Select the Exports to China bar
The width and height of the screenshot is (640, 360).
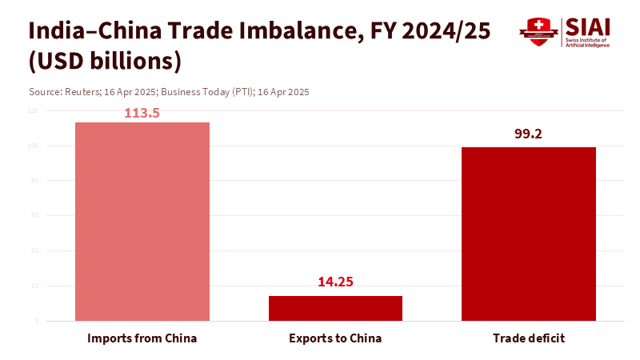tap(335, 308)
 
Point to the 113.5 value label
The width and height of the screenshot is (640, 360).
tap(142, 114)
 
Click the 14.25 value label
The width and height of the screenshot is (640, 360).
tap(335, 282)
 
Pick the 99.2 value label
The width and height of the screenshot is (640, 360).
tap(528, 134)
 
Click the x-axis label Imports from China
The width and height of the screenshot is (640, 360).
tap(142, 338)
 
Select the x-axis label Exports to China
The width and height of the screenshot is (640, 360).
tap(335, 338)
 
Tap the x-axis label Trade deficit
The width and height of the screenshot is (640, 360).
tap(528, 338)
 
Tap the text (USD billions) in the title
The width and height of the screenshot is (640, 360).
tap(105, 62)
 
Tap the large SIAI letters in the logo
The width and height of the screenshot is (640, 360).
tap(587, 26)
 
